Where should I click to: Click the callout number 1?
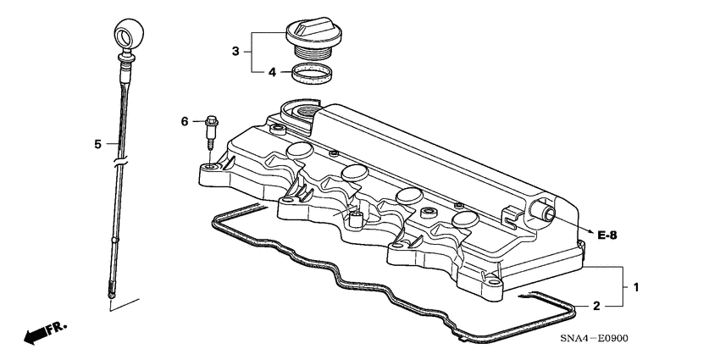coord(636,288)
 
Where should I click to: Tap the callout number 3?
coord(236,52)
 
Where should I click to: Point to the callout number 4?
coord(272,72)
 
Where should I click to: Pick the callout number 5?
coord(97,144)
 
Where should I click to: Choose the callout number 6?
coord(185,122)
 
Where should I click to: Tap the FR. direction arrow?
coord(42,333)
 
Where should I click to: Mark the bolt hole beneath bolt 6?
coord(208,169)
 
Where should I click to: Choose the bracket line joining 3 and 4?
coord(248,52)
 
